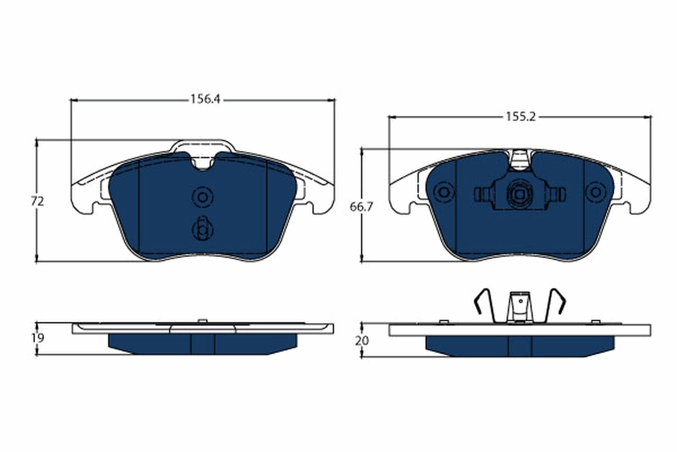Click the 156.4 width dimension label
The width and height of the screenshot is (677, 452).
tap(204, 99)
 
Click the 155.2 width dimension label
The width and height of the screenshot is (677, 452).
tap(520, 117)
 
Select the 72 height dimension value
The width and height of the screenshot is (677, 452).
tap(38, 201)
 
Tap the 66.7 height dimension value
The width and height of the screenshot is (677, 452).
tap(361, 208)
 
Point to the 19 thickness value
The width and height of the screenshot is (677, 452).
tap(38, 337)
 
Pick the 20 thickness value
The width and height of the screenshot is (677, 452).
tap(363, 341)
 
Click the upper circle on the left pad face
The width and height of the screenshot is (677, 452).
tap(201, 197)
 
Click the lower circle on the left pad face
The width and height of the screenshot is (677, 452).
tap(201, 229)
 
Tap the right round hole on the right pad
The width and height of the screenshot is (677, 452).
tap(594, 193)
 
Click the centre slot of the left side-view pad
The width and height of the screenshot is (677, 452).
tap(203, 344)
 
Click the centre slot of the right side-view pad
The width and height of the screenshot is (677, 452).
tap(520, 346)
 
